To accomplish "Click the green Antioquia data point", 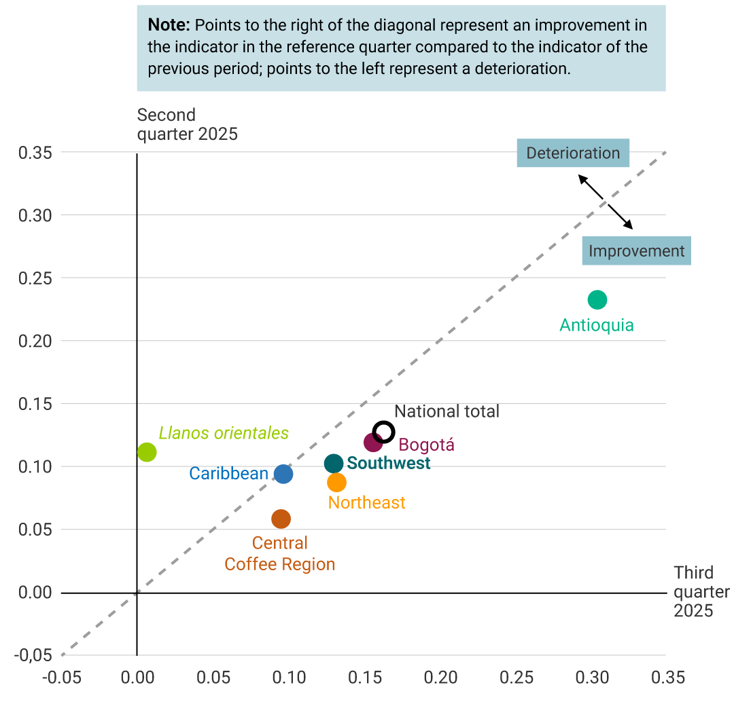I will (x=597, y=299).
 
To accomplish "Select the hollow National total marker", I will (x=384, y=431).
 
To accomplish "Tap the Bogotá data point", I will (x=374, y=443).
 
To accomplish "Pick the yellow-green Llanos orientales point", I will (x=147, y=451).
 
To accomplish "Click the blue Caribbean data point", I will (x=283, y=474).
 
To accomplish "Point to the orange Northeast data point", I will (x=336, y=483).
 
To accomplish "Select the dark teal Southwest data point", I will (x=333, y=464).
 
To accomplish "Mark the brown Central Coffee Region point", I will (x=281, y=519).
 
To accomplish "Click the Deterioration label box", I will (x=573, y=153).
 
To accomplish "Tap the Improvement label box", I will (x=636, y=251).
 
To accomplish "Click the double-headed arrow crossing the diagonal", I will (x=606, y=202).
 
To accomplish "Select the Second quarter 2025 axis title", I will (x=187, y=124).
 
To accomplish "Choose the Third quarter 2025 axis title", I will (x=700, y=591).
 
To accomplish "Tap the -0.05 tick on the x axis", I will (x=61, y=678).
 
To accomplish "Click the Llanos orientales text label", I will (x=224, y=433).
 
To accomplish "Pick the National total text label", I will (x=447, y=411).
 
